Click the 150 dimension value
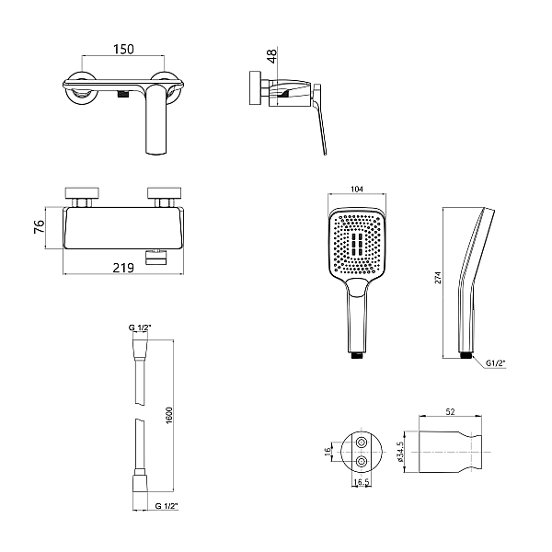click(x=123, y=49)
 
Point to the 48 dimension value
click(x=272, y=56)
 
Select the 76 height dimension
click(x=39, y=226)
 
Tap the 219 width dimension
click(x=123, y=268)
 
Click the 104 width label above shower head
click(x=357, y=189)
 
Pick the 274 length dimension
click(x=438, y=278)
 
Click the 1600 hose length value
click(x=169, y=416)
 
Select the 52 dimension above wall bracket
click(x=450, y=411)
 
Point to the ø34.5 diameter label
click(x=399, y=452)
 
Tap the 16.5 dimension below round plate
click(x=361, y=482)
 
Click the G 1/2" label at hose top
click(x=140, y=328)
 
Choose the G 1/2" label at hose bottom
click(x=167, y=506)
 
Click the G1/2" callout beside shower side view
click(x=495, y=363)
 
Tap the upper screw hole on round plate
click(x=362, y=443)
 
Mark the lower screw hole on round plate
click(x=362, y=461)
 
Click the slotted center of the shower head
click(x=357, y=243)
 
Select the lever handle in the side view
click(x=320, y=119)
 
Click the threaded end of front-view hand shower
click(x=357, y=355)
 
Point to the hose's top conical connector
click(x=140, y=350)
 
